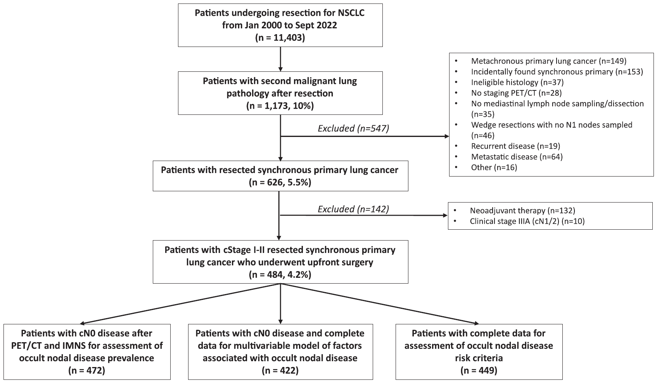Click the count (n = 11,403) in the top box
(280, 38)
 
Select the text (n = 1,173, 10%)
(280, 106)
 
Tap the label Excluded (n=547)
(353, 128)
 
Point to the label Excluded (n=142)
(353, 209)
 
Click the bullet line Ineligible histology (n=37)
(517, 82)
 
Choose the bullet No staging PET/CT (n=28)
(516, 93)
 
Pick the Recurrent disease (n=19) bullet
(515, 146)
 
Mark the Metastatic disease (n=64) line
(517, 157)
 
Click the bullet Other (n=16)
(494, 168)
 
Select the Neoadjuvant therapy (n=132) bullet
(522, 211)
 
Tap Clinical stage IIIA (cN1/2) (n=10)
(527, 221)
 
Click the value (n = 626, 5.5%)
(280, 182)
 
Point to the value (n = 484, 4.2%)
(280, 275)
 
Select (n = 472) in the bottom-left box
(87, 371)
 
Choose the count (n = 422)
(280, 371)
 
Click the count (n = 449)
(479, 371)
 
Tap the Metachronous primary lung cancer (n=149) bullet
(549, 61)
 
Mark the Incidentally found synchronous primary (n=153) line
(557, 71)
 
